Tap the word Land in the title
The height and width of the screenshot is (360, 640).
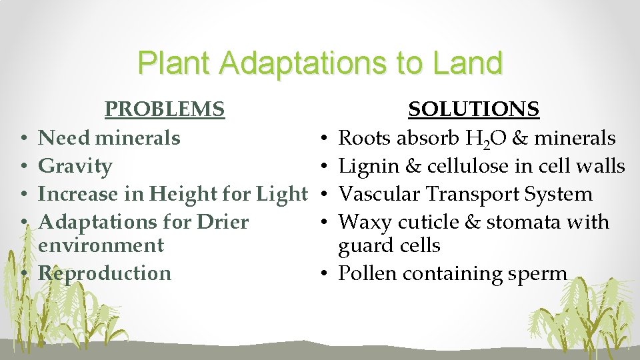click(x=466, y=63)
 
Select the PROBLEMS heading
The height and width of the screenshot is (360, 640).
click(x=165, y=109)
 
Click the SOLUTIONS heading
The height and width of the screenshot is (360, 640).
click(x=474, y=109)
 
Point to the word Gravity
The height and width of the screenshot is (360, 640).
click(x=75, y=166)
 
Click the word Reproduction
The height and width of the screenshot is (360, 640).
click(x=105, y=273)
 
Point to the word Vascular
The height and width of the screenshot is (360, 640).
click(x=381, y=194)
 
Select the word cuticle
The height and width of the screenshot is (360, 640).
click(x=440, y=221)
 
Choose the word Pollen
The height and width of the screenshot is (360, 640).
click(x=367, y=273)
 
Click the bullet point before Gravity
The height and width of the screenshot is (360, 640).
click(x=23, y=166)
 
